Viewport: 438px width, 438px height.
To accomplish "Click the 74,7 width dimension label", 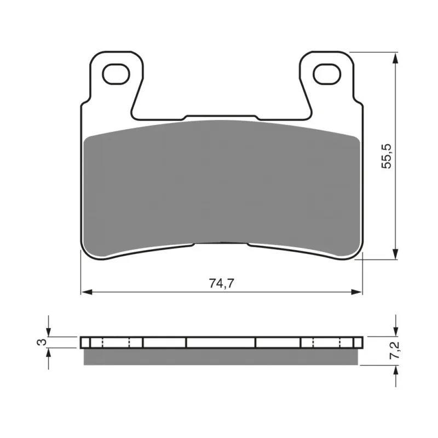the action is (x=221, y=284).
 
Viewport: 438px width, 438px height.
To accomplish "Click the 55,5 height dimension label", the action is (x=387, y=156).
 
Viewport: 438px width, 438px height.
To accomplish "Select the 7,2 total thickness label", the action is (x=395, y=350).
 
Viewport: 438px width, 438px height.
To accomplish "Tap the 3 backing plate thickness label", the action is (x=42, y=342).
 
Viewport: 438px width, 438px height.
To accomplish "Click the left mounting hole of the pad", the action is (x=116, y=74).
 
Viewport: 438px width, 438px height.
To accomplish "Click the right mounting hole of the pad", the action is (x=327, y=74).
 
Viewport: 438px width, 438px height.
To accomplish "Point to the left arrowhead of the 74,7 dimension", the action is (x=87, y=292).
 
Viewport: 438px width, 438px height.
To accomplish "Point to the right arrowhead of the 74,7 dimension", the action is (x=356, y=292).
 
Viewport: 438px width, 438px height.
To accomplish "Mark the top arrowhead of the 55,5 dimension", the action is (x=395, y=58).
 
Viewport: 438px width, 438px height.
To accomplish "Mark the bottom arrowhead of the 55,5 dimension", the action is (x=395, y=253).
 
